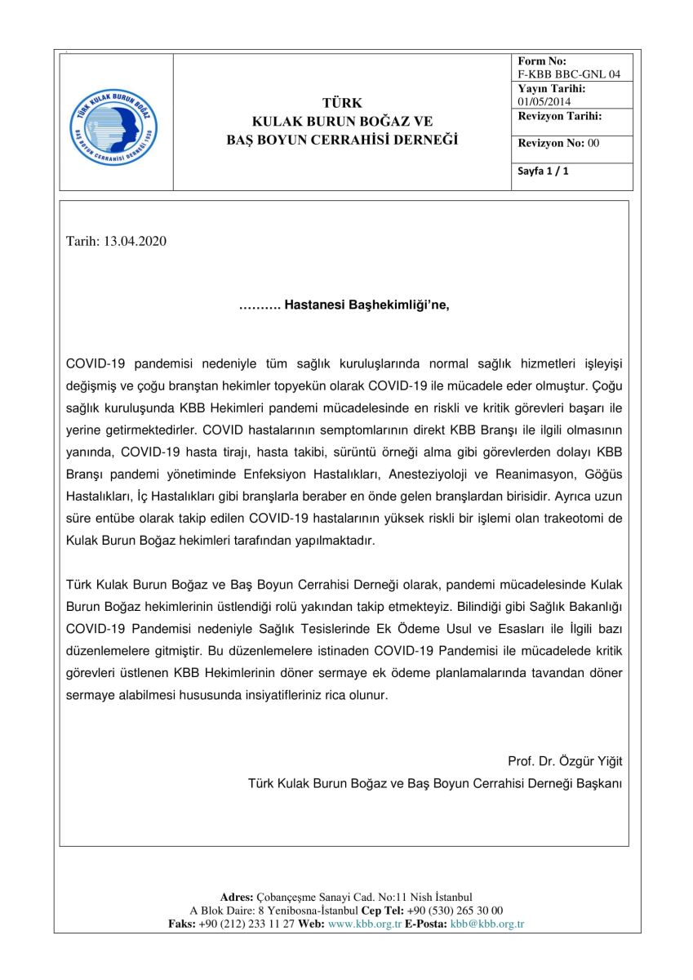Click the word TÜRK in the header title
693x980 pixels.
click(342, 103)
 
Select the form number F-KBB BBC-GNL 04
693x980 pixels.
click(569, 73)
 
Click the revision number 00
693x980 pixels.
click(593, 143)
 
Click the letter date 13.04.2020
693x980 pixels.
click(135, 242)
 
